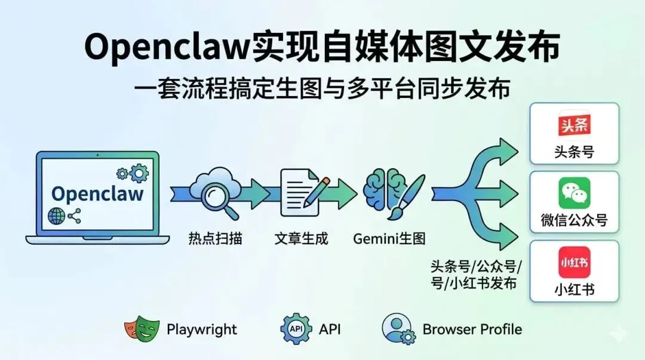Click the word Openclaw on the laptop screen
[97, 193]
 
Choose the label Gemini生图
[389, 239]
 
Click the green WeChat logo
[574, 193]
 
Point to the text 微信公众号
[574, 220]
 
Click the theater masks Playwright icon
[142, 329]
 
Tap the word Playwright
[202, 330]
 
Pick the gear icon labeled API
[296, 329]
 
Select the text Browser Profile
[472, 330]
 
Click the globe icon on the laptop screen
[57, 217]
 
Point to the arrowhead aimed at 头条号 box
[511, 147]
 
